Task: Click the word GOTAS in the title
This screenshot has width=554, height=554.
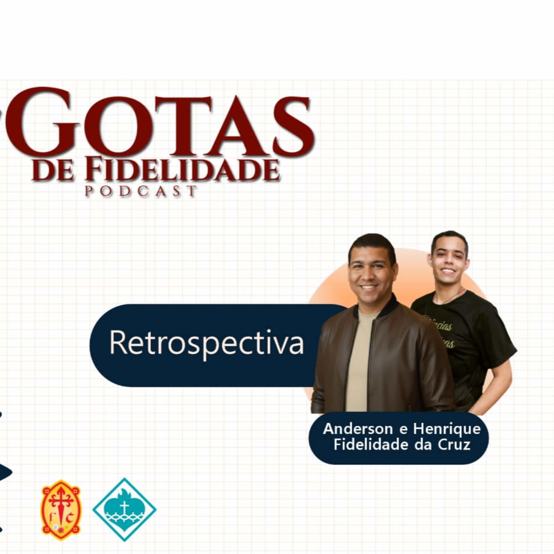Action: [161, 123]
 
